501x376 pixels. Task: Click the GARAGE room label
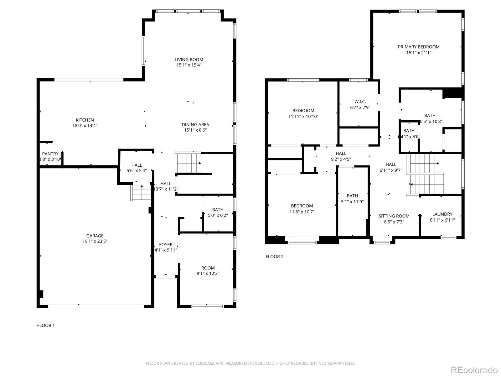pos(95,236)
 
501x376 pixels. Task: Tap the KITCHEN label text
pos(85,120)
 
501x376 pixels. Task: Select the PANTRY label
pos(50,154)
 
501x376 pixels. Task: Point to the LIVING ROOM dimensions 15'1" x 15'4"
pos(189,65)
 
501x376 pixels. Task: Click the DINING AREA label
pos(195,125)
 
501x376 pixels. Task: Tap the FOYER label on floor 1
pos(166,245)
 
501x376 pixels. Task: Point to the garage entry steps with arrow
pos(142,193)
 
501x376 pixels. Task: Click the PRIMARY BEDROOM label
pos(419,47)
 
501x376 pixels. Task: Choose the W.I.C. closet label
pos(360,102)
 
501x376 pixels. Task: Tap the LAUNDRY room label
pos(442,214)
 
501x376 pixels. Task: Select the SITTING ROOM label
pos(394,216)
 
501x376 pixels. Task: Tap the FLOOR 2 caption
pos(275,257)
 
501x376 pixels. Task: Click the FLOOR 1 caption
pos(46,325)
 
